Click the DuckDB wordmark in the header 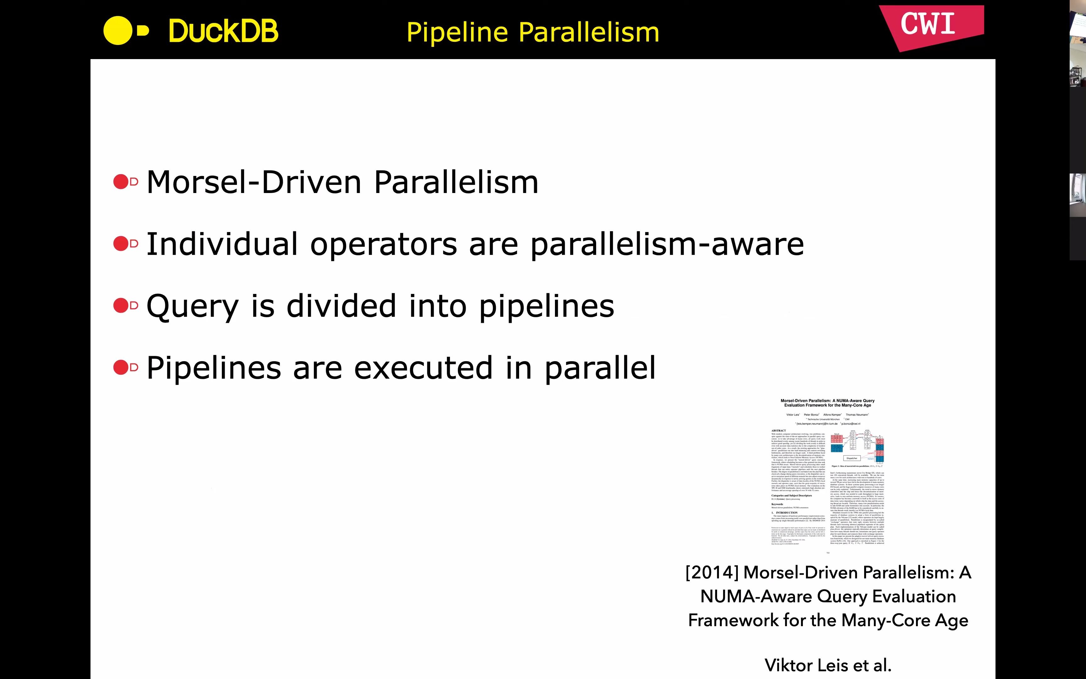pyautogui.click(x=223, y=31)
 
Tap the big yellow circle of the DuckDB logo pyautogui.click(x=118, y=30)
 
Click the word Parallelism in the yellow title pyautogui.click(x=589, y=32)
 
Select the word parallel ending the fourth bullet pyautogui.click(x=600, y=368)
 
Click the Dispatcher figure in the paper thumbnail pyautogui.click(x=852, y=458)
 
